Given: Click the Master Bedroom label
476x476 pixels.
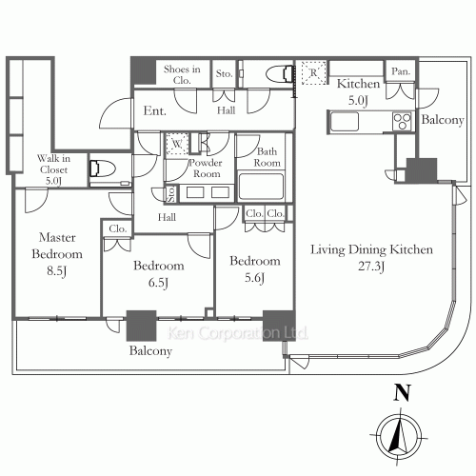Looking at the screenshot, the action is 57,246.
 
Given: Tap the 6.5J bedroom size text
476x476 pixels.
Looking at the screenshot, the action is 158,283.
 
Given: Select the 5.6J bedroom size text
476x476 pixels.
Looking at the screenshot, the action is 254,278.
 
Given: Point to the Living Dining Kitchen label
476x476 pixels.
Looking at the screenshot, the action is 371,249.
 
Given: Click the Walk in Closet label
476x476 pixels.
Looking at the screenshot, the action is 53,164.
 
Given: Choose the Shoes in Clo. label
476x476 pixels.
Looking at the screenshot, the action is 182,74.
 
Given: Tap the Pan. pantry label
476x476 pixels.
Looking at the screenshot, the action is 401,71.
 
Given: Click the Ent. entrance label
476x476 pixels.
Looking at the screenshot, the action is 154,110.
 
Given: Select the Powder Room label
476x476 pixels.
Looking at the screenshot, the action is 206,169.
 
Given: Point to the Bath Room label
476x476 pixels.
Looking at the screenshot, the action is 267,157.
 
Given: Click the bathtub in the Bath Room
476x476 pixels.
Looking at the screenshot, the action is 261,187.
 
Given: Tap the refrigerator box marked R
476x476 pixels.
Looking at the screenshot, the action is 313,72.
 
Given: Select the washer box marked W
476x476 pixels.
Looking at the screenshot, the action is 177,145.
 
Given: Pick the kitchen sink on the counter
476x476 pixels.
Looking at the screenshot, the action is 345,122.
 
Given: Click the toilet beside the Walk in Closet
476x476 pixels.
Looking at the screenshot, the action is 103,169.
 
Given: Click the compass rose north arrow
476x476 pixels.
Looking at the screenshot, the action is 399,436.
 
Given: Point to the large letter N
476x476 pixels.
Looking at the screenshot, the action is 402,393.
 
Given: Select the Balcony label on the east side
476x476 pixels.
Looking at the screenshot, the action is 443,120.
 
